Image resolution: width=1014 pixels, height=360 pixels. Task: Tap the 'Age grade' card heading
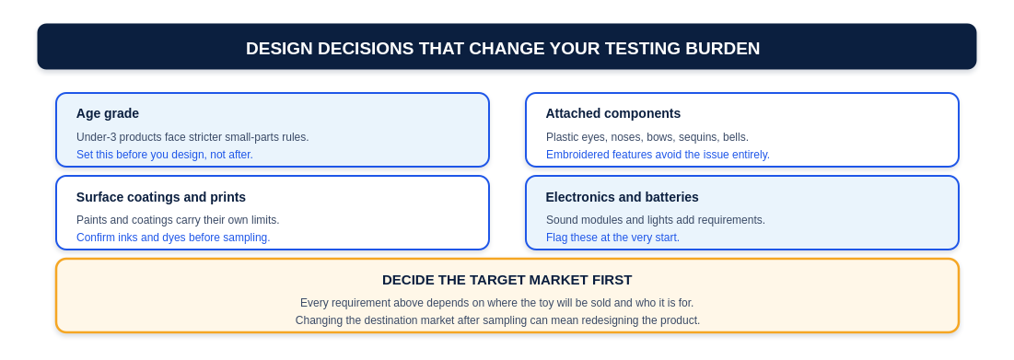[x=108, y=114]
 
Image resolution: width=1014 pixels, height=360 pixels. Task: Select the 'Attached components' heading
[x=613, y=114]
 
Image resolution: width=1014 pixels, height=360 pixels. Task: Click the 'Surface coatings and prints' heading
[x=161, y=197]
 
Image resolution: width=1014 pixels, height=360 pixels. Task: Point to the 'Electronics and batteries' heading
[x=622, y=197]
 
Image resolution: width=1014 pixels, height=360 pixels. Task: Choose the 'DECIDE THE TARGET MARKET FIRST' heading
[x=507, y=280]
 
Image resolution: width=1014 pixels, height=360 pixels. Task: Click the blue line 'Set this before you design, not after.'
[x=165, y=155]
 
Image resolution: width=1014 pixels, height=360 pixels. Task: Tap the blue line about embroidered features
[x=658, y=155]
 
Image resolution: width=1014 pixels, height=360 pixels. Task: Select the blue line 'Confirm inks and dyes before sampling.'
[x=173, y=238]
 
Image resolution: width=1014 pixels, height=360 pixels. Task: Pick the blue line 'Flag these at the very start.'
[x=612, y=238]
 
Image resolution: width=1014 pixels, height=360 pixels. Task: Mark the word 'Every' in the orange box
[x=313, y=303]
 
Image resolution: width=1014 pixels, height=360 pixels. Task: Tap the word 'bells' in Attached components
[x=735, y=137]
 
